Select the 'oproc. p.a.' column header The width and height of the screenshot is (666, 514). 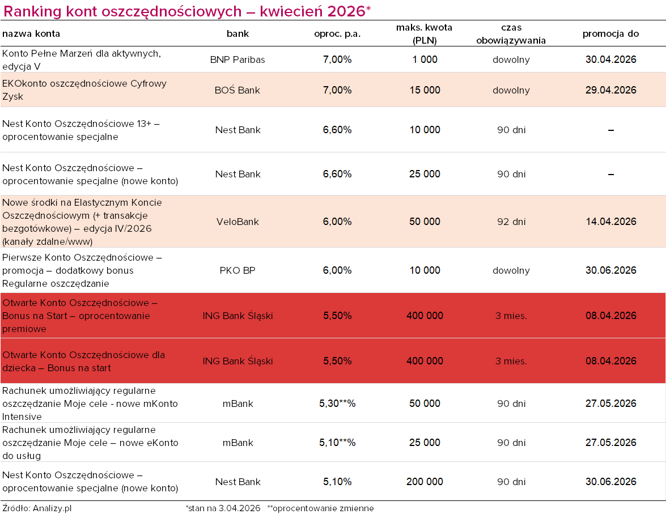tap(337, 34)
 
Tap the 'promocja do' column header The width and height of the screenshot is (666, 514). tap(610, 34)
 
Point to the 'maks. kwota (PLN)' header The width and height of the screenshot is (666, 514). tap(425, 34)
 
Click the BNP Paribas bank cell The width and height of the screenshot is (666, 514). tap(237, 60)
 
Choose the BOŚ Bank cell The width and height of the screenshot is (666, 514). tap(237, 90)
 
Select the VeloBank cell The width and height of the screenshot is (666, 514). tap(237, 222)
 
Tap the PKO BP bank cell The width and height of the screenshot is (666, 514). tap(237, 270)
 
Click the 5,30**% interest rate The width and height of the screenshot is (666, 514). tap(337, 403)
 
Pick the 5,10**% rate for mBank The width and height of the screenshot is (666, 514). tap(337, 443)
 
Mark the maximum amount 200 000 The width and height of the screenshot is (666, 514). tap(425, 482)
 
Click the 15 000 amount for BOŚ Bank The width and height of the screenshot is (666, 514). tap(425, 90)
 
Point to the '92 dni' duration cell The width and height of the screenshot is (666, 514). tap(511, 222)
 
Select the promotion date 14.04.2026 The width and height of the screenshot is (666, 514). tap(610, 222)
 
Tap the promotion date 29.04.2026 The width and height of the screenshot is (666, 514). tap(610, 90)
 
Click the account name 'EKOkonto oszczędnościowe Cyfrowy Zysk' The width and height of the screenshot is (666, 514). tap(84, 90)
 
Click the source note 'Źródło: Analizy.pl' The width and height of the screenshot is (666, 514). tap(37, 508)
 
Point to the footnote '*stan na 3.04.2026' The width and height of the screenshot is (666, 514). tap(223, 508)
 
